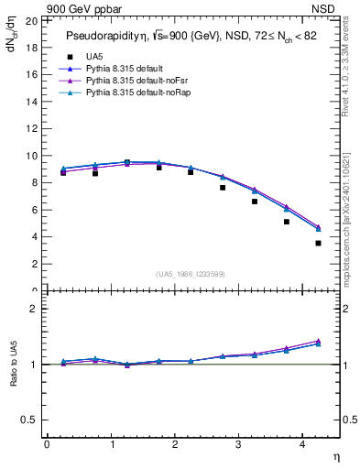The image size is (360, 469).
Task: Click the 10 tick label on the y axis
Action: click(x=31, y=156)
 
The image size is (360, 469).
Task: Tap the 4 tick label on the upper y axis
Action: click(x=34, y=237)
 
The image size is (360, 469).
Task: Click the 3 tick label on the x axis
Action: click(x=239, y=444)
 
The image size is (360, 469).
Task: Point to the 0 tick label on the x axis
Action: click(x=47, y=444)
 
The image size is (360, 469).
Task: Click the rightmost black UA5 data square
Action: click(x=318, y=243)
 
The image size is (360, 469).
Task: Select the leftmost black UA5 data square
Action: click(x=63, y=172)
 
